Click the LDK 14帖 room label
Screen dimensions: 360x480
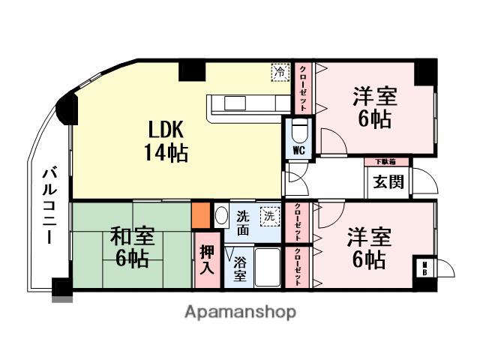pos(166,140)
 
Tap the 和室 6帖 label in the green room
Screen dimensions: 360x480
pos(133,247)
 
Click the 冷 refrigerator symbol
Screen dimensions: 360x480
pos(279,72)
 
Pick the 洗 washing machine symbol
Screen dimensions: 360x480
pos(268,216)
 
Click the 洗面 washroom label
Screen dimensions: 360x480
pos(243,223)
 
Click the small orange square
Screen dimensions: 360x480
pos(200,215)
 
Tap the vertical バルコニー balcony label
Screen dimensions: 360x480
pos(45,207)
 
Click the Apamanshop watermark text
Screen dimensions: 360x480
pos(239,311)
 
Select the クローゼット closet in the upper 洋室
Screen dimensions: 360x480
pos(302,88)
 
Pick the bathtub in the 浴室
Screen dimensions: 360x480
pos(268,268)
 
